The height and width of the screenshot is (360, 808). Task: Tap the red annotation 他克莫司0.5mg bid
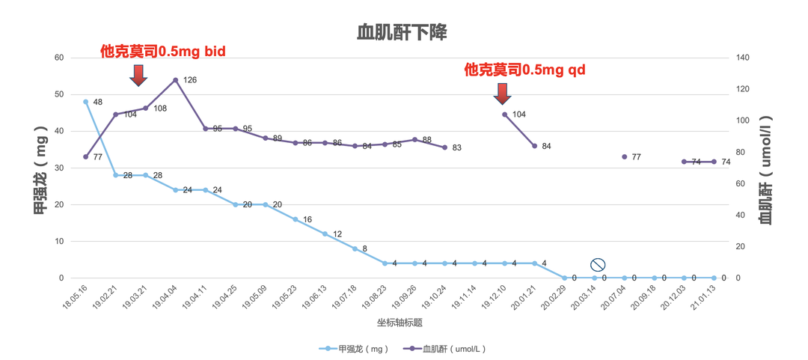tap(163, 52)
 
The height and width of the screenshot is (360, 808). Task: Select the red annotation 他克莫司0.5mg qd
tap(524, 70)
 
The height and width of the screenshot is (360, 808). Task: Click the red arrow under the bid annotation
tap(138, 75)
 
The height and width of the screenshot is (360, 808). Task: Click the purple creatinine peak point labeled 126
tap(175, 80)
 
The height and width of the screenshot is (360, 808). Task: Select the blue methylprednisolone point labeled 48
tap(86, 102)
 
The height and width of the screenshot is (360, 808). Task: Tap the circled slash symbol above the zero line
tap(597, 264)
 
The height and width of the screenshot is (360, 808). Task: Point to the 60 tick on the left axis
tap(59, 58)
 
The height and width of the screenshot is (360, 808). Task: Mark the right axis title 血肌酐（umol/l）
tap(766, 168)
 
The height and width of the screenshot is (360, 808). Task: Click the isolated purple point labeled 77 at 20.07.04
tap(625, 156)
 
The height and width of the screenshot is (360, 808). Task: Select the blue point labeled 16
tap(296, 219)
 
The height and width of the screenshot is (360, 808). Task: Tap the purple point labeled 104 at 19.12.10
tap(505, 115)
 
